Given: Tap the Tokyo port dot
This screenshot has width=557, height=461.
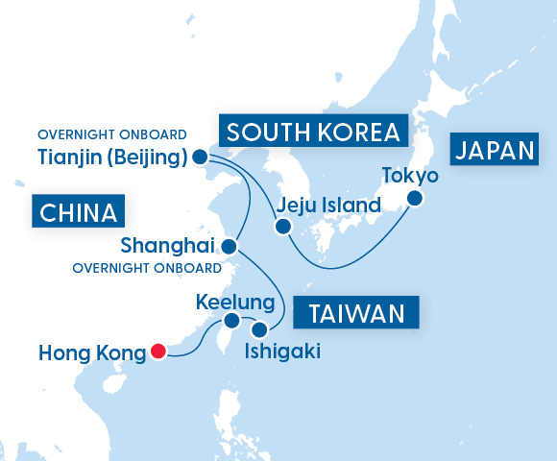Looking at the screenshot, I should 415,199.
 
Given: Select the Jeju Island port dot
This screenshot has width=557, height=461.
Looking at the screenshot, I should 282,228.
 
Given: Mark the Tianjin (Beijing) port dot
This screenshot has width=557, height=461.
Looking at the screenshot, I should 200,157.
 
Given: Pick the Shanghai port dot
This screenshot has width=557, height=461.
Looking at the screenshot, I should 229,247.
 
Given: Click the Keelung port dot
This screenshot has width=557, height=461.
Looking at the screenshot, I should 231,321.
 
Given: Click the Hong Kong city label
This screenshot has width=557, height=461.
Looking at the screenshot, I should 91,352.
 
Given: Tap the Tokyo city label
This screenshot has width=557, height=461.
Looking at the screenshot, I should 410,176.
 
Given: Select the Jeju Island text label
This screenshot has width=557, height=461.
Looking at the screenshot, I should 327,204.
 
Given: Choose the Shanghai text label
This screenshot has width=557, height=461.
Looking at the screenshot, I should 170,247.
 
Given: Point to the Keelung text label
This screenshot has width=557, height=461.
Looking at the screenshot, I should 235,302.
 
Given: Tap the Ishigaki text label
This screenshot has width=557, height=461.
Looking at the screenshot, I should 282,352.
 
